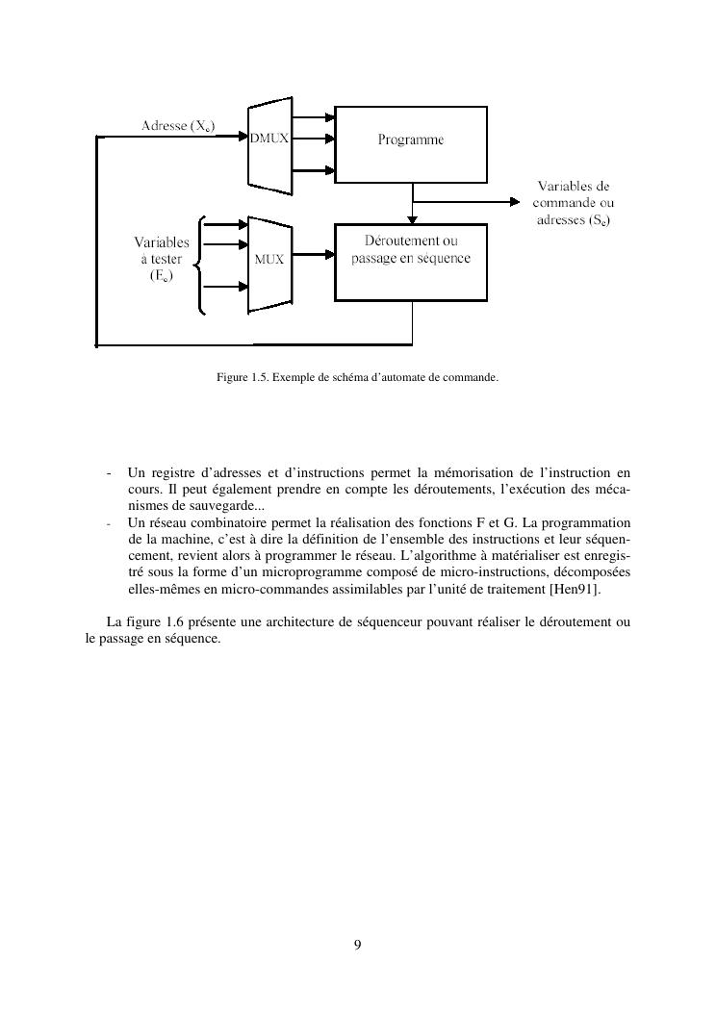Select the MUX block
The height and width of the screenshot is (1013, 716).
click(268, 259)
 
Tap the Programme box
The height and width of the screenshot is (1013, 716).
click(411, 140)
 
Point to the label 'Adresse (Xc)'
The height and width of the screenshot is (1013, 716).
click(178, 126)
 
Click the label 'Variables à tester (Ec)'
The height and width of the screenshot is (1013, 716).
click(161, 259)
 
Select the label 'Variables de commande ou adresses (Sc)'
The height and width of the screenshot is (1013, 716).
click(574, 203)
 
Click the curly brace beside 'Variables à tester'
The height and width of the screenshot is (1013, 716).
click(200, 266)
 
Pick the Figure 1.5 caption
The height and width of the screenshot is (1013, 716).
click(357, 378)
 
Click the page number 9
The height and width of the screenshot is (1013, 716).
click(358, 946)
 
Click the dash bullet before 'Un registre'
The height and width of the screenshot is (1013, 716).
click(112, 472)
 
